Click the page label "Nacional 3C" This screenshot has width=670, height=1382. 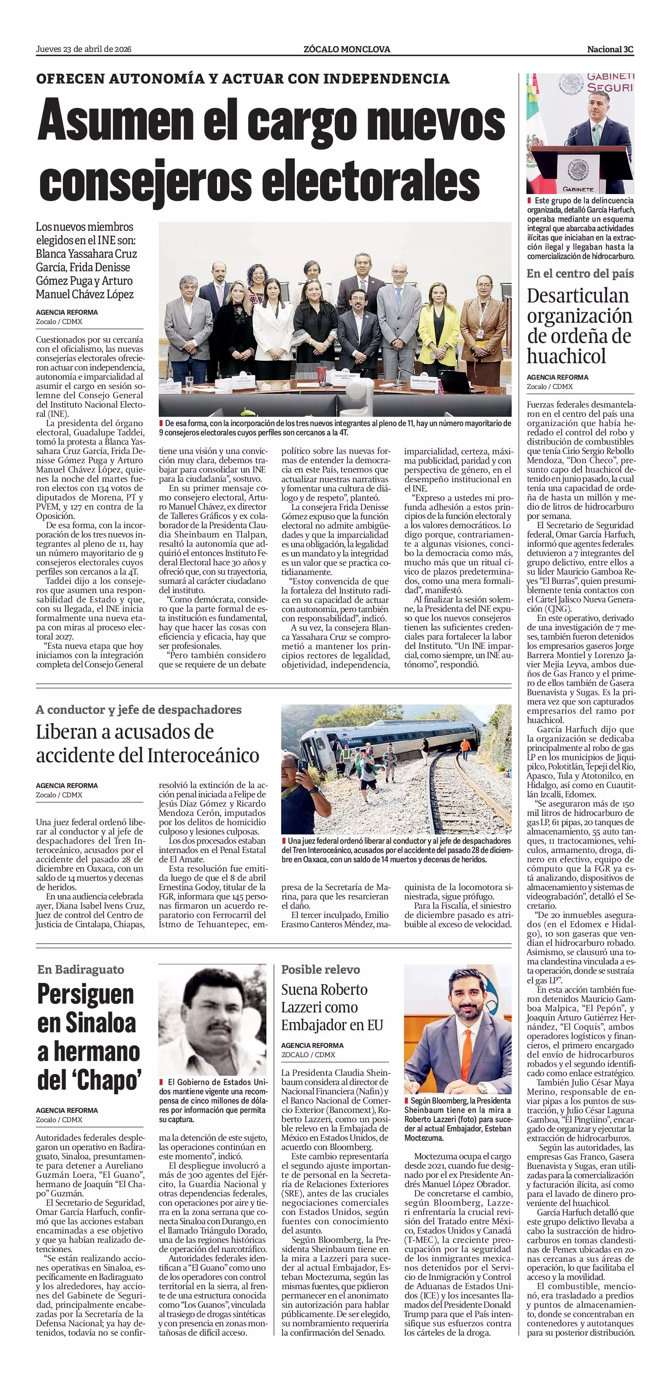pyautogui.click(x=610, y=49)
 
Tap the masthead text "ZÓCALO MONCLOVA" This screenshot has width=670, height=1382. pyautogui.click(x=346, y=49)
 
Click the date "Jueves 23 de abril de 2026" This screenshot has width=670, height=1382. pyautogui.click(x=84, y=49)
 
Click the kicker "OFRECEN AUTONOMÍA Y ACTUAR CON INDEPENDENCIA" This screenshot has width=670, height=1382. pyautogui.click(x=243, y=79)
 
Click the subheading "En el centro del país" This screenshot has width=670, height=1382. pyautogui.click(x=580, y=274)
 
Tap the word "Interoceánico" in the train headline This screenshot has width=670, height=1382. pyautogui.click(x=203, y=756)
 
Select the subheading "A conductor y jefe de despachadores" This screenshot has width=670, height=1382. pyautogui.click(x=138, y=710)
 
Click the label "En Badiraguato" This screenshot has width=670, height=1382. pyautogui.click(x=81, y=969)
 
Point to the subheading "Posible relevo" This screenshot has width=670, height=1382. pyautogui.click(x=320, y=969)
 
